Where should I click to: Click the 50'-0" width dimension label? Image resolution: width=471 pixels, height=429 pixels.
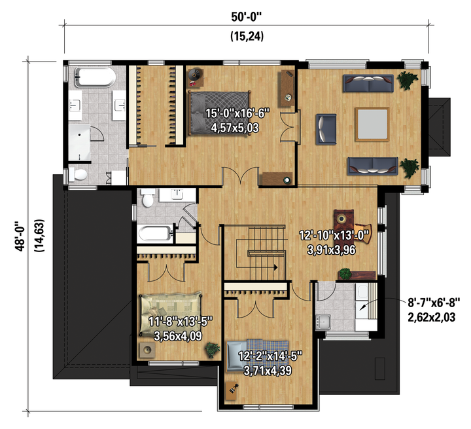coord(247,17)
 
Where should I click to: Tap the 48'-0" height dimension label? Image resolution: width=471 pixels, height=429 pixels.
coord(21,236)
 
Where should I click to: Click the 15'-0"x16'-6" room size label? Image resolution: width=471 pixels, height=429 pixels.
coord(237,113)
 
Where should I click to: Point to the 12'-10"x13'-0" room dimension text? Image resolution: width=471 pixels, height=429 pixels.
coord(334,235)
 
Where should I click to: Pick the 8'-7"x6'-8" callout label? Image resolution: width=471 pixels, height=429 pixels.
coord(434,303)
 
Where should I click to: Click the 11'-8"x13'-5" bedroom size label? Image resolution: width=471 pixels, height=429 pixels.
coord(181,322)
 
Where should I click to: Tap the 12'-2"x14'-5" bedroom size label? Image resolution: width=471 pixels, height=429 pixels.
coord(270,356)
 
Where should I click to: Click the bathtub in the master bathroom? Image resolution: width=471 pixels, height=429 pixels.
coord(95,77)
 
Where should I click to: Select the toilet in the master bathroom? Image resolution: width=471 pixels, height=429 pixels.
coord(78,174)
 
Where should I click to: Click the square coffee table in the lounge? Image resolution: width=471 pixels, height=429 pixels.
coord(372,124)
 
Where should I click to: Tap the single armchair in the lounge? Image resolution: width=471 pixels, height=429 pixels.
coord(326,129)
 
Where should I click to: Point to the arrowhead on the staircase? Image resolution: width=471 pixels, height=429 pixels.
coord(275,267)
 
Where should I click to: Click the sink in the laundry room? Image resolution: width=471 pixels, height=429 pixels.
coord(323,322)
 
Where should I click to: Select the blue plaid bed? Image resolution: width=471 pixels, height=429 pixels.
coord(258,356)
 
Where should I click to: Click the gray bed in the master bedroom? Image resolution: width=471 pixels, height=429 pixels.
coord(220,113)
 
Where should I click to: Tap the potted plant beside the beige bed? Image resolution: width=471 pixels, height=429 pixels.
coord(213,350)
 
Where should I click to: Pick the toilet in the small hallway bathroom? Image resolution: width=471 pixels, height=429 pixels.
coord(148,198)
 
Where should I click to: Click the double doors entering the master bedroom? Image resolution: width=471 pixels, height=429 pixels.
coord(240,176)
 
